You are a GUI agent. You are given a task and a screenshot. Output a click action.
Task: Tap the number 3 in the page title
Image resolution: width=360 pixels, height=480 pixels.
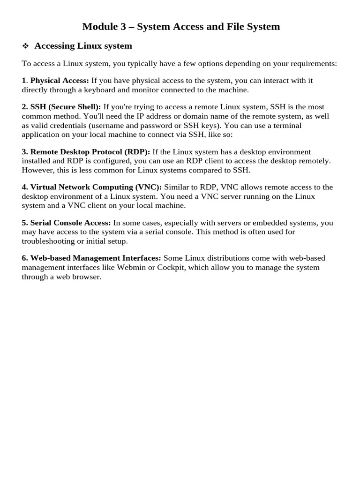tap(124, 27)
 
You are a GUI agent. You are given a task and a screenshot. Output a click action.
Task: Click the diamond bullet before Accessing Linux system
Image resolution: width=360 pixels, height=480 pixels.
tap(25, 46)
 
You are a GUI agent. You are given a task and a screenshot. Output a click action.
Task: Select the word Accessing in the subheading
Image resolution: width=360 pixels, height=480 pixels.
tap(55, 46)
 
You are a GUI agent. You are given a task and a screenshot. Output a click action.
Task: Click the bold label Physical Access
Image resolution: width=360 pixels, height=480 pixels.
tap(60, 81)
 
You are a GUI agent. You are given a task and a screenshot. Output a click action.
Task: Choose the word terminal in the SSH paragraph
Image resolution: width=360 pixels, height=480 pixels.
tap(286, 126)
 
